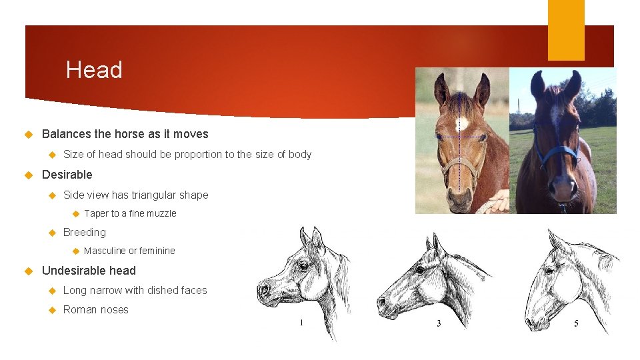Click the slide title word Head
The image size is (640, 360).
pos(94,70)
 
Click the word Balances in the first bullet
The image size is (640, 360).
pos(65,133)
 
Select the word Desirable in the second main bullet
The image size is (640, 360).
pos(67,175)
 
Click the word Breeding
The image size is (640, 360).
pos(84,232)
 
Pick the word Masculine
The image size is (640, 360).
pos(105,251)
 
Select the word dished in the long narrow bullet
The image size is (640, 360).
pos(163,290)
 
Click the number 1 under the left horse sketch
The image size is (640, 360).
pos(301,323)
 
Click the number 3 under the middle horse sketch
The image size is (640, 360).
pos(439,323)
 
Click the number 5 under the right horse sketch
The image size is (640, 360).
pos(576,323)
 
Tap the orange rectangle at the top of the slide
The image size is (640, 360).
pos(566,30)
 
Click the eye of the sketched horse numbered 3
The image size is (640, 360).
pos(420,270)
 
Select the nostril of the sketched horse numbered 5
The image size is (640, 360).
pos(531,322)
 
